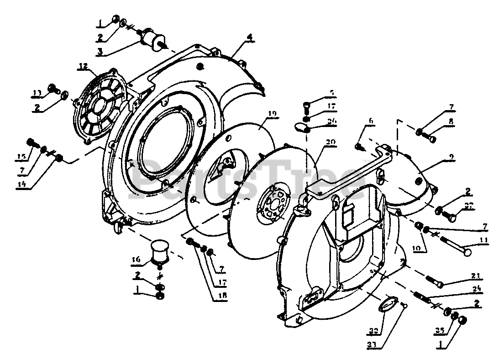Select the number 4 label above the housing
[x=250, y=38]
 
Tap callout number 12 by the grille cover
[x=82, y=67]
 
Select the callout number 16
[x=136, y=260]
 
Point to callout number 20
[x=330, y=142]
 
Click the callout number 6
[x=371, y=121]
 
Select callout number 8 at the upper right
[x=451, y=122]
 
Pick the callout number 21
[x=476, y=275]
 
